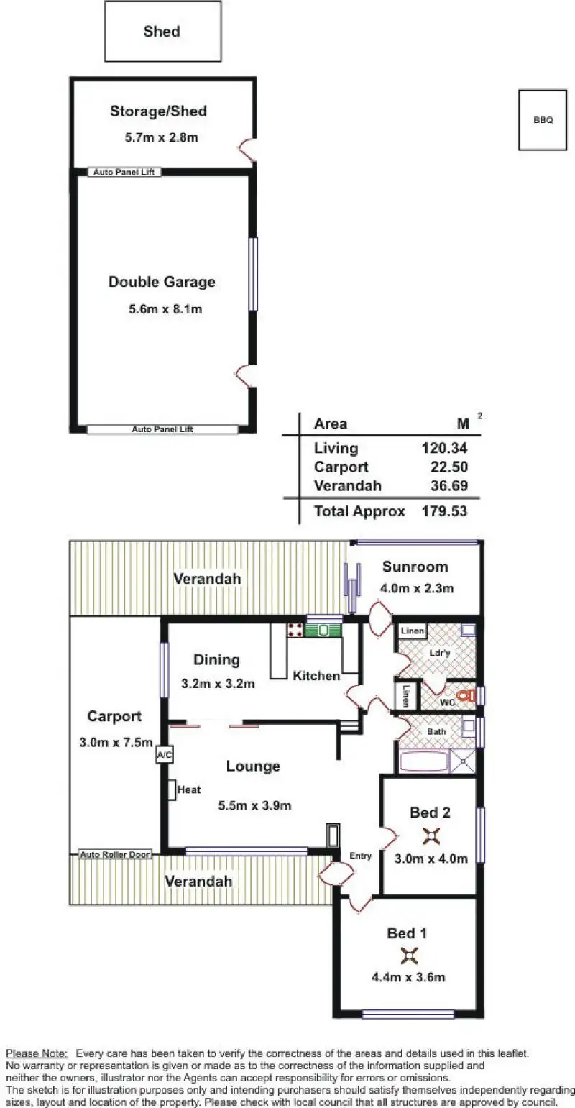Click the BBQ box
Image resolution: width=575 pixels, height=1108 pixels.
pos(543,119)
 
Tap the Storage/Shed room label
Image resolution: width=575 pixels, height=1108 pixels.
pos(158,111)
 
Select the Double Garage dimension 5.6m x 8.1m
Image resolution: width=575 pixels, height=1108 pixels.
pos(165,309)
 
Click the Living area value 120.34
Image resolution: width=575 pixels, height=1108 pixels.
pos(444,448)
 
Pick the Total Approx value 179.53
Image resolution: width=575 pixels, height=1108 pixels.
pos(444,511)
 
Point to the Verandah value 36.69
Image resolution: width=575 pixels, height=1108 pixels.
pos(449,485)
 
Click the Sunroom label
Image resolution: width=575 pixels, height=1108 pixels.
pos(415,567)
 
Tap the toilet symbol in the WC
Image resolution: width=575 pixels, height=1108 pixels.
pos(465,695)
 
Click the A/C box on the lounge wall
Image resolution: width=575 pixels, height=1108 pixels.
pos(165,755)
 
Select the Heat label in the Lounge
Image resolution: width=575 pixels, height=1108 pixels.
pos(189,789)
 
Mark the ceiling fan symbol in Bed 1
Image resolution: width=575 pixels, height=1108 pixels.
pos(410,956)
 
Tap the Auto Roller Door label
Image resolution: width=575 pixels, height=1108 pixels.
pos(115,854)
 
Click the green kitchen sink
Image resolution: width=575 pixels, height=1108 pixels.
pos(323,630)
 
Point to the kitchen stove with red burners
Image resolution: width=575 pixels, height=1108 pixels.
pos(295,630)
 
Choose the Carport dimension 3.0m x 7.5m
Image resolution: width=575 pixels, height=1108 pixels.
pos(116,742)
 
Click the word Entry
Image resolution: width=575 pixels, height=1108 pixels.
pos(360,856)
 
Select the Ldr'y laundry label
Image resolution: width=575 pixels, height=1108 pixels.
pos(440,653)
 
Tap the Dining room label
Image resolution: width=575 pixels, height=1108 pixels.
pos(216,659)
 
